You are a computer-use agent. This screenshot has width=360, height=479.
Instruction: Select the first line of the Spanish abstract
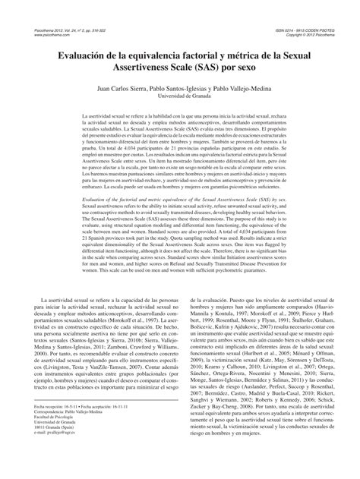pos(179,133)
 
